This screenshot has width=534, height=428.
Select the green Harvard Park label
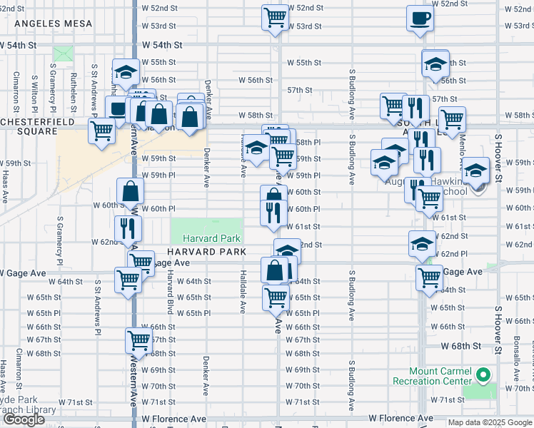click(206, 238)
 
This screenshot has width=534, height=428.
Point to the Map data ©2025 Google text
click(490, 422)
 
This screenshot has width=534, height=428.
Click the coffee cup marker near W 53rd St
click(420, 19)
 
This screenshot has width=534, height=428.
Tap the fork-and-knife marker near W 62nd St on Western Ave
click(129, 228)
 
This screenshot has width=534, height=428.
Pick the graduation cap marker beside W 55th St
click(125, 71)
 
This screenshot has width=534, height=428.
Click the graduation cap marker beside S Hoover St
click(476, 170)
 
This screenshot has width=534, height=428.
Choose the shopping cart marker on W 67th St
click(138, 340)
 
